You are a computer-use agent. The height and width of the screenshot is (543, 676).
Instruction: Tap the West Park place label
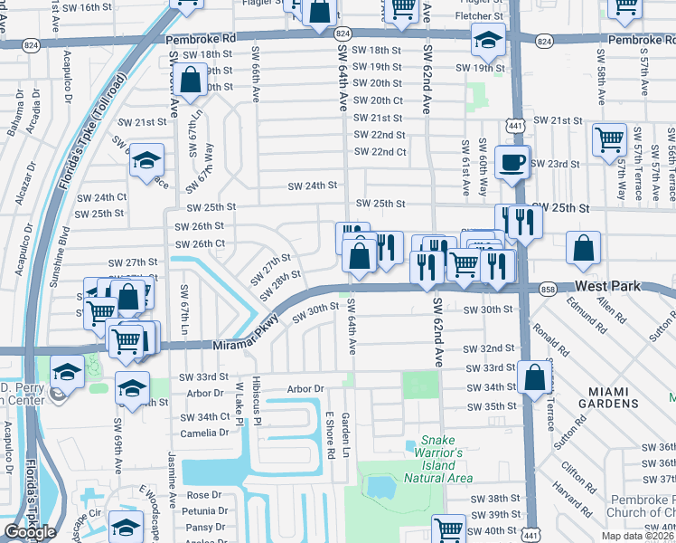[x=607, y=286]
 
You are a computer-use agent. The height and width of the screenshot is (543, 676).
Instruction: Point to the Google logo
[x=30, y=532]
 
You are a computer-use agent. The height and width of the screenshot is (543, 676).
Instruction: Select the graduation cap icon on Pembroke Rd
[x=487, y=41]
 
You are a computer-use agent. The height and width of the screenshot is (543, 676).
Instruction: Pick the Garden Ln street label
[x=345, y=435]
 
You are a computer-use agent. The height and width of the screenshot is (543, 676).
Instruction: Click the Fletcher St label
[x=480, y=16]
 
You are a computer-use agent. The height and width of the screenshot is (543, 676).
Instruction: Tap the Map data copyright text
[x=637, y=536]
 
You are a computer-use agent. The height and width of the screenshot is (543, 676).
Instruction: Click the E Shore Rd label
[x=330, y=434]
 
